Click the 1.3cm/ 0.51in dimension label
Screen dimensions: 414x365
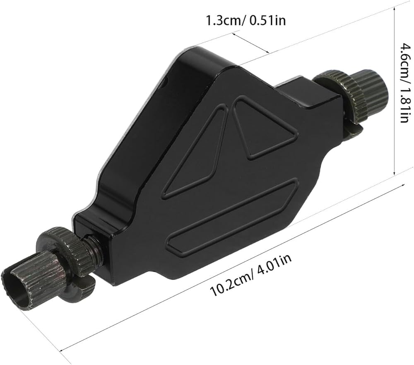246,20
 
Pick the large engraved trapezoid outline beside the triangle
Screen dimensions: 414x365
195,151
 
